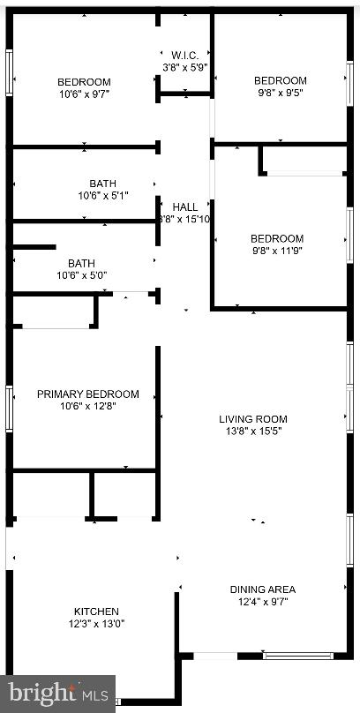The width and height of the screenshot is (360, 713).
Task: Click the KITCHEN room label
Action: coord(96,612)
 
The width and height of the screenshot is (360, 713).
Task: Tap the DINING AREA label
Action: coord(262,589)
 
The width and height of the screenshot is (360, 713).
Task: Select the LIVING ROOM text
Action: coord(253,419)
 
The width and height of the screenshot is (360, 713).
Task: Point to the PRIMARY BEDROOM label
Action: coord(87,394)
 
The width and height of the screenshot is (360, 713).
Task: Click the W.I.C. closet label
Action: coord(184,55)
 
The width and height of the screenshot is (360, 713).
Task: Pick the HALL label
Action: coord(184,206)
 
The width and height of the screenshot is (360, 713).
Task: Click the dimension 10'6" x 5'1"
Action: coord(103,196)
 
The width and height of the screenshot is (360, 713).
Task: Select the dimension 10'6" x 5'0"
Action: coord(81,275)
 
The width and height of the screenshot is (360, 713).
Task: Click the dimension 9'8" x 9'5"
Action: coord(280,93)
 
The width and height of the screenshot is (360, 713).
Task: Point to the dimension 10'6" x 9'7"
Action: coord(84,94)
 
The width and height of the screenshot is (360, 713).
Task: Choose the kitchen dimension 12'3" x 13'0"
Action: coord(96,624)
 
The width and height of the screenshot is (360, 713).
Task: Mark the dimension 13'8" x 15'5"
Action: coord(253,432)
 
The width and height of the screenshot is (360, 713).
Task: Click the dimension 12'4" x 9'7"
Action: coord(262,602)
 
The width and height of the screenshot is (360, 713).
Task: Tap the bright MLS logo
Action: coord(57,693)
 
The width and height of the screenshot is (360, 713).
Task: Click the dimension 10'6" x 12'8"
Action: coord(87,407)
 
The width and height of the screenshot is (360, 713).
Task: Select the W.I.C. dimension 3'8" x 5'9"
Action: coord(184,67)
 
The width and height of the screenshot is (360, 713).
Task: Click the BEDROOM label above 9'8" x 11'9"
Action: coord(277,238)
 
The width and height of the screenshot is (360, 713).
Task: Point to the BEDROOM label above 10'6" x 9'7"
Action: coord(84,81)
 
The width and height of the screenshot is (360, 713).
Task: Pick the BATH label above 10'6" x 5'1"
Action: coord(103,184)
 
